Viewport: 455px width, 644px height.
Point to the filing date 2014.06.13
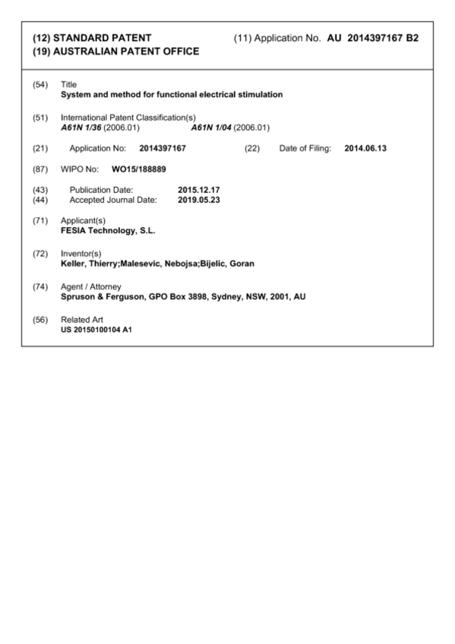pos(365,148)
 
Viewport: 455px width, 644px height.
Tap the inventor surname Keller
pos(72,264)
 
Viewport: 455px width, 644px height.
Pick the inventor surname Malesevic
pos(137,264)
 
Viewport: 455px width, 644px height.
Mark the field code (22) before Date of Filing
pos(252,148)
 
